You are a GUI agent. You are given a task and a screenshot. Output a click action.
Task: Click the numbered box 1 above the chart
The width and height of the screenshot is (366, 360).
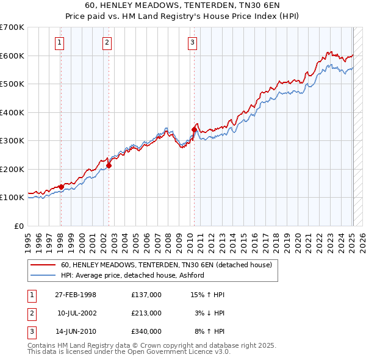point(60,42)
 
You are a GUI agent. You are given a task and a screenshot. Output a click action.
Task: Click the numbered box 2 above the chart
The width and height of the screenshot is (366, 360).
point(107,42)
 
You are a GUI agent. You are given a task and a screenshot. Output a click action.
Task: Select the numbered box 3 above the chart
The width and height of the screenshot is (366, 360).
point(192,42)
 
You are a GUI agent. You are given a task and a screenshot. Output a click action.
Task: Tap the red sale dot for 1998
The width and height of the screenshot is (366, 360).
point(61,187)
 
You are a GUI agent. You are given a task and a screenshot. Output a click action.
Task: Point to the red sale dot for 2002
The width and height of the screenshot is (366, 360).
point(109,165)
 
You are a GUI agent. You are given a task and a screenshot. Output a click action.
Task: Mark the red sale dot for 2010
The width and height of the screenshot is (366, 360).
point(194,129)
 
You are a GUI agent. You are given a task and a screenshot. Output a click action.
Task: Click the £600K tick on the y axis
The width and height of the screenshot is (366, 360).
point(12,56)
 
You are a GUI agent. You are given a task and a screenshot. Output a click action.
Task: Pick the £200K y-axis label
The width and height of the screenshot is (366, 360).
point(12,169)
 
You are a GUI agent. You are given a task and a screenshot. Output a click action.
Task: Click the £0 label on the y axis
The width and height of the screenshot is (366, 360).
point(18,226)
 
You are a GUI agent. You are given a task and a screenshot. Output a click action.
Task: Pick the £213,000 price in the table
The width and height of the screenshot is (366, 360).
point(146,313)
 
